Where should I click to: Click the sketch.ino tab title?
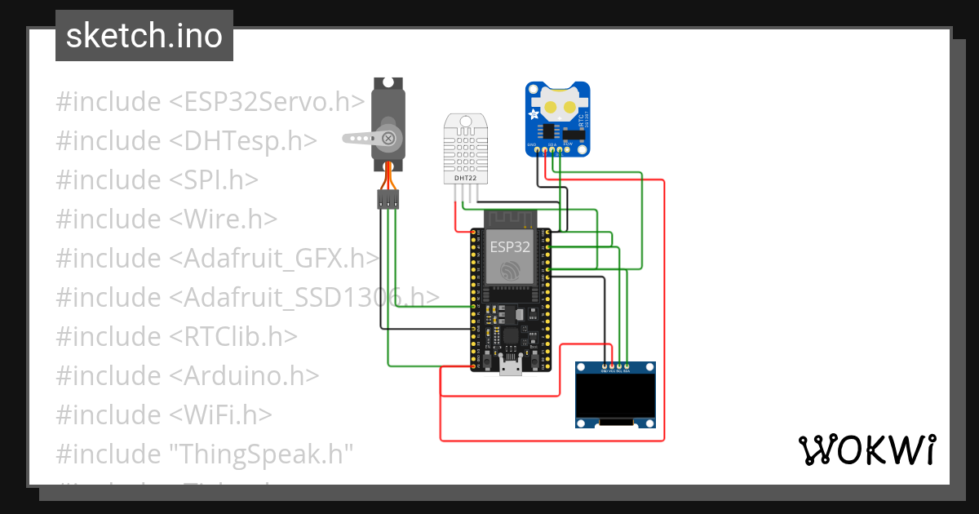click(144, 36)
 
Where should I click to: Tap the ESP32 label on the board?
click(509, 245)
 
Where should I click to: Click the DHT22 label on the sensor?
click(465, 177)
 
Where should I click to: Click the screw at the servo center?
click(389, 138)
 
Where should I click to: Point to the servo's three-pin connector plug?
click(388, 199)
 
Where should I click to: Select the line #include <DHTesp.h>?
click(186, 141)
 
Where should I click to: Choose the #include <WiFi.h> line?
click(163, 414)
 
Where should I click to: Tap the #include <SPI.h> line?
click(157, 179)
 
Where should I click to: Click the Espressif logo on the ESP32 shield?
click(510, 270)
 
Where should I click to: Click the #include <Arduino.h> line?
click(187, 375)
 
